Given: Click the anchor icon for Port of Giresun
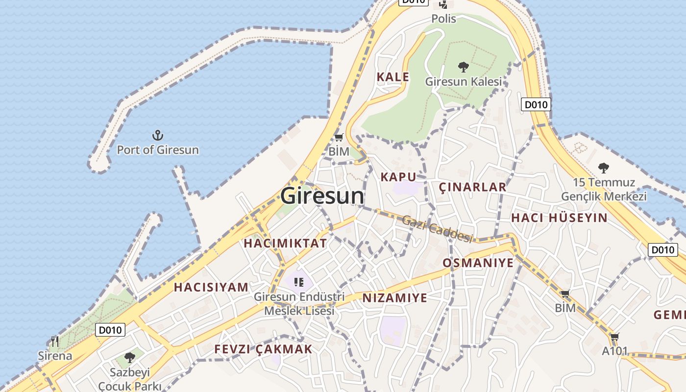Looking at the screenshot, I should click(x=157, y=135).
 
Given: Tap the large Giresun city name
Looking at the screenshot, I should click(x=322, y=196).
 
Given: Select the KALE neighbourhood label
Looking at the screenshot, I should click(x=392, y=77).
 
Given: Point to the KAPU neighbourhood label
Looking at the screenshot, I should click(x=398, y=177).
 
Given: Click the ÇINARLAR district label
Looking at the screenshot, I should click(x=472, y=187).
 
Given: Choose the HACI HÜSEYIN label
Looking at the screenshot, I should click(x=559, y=218).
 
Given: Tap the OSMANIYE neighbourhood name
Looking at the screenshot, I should click(x=478, y=263).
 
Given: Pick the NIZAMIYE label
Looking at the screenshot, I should click(x=394, y=297).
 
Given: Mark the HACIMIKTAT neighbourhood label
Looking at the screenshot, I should click(x=285, y=243).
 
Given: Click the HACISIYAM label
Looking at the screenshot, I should click(x=211, y=287).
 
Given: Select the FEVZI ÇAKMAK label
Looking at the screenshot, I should click(x=263, y=349).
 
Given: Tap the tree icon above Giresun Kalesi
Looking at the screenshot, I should click(x=463, y=67).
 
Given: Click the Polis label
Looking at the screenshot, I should click(x=443, y=19).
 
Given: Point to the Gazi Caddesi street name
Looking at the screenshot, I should click(x=437, y=228).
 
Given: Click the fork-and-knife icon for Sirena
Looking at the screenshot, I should click(x=55, y=341).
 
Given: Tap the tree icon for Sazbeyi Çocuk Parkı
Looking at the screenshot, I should click(x=129, y=358).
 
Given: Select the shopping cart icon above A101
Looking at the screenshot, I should click(x=614, y=337).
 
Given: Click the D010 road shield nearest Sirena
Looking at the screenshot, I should click(x=110, y=330).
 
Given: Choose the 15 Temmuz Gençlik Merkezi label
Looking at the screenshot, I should click(x=603, y=190).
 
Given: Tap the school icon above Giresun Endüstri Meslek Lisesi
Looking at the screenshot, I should click(x=299, y=282).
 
